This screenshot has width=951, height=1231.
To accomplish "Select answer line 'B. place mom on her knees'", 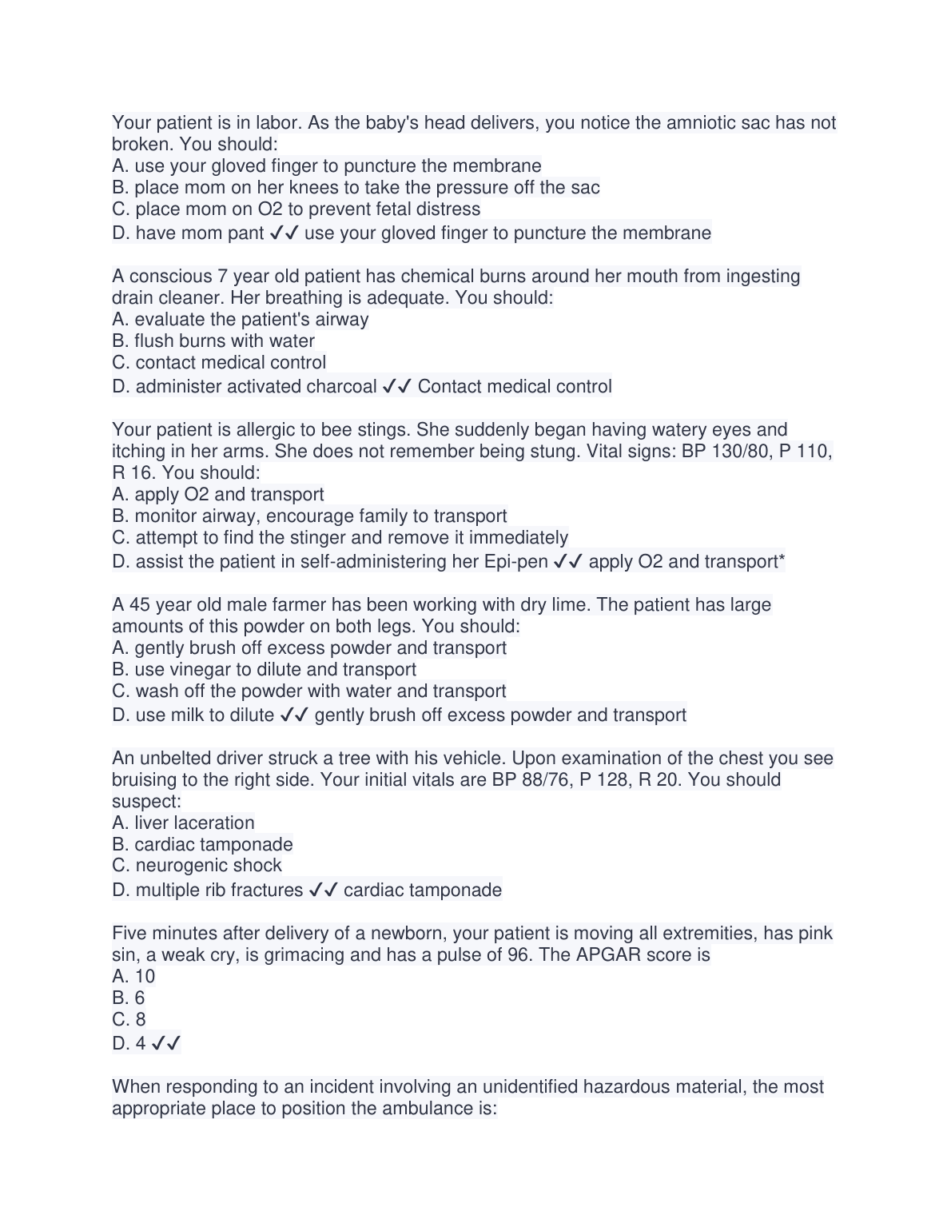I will point(356,188).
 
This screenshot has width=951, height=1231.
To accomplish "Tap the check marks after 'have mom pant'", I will point(285,233).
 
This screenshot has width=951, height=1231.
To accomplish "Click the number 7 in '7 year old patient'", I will point(221,277).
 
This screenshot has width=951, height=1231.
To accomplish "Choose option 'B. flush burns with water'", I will point(213,341).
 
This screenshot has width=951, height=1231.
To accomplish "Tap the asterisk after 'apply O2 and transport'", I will point(782,560).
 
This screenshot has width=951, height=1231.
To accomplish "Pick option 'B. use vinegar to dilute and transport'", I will point(264,670).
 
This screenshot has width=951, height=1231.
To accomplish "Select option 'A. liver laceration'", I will point(183,823).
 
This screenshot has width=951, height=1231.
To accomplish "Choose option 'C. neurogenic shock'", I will point(197,866).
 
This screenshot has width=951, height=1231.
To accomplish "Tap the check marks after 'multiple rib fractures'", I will point(323,890).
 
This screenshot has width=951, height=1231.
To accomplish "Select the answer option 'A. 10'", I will point(133,977).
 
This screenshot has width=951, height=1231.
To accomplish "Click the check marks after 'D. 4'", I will point(165,1044).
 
